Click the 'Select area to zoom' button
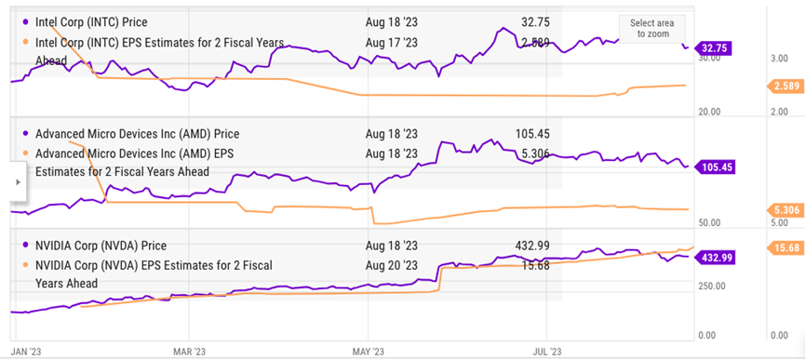[x=651, y=28]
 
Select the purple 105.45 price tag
[x=718, y=167]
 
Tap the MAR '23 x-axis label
[x=189, y=351]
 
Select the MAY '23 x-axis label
[x=368, y=351]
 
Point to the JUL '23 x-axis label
[x=546, y=351]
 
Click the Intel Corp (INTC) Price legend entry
[x=90, y=21]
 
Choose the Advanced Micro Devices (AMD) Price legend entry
[x=136, y=133]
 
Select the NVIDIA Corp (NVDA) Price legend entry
[x=100, y=246]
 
